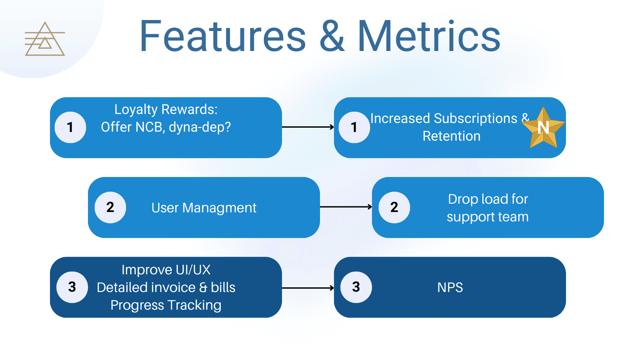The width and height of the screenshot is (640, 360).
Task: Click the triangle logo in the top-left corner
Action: tap(45, 39)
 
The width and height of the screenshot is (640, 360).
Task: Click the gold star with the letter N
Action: tap(543, 128)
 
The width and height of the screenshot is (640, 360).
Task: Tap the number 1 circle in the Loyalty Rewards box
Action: tap(70, 127)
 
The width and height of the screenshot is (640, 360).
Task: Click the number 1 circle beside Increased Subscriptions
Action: tap(354, 127)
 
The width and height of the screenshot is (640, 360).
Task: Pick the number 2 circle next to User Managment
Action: tap(110, 207)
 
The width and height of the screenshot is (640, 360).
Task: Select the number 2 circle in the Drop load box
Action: tap(394, 207)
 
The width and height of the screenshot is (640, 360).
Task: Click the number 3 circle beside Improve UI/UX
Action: tap(72, 287)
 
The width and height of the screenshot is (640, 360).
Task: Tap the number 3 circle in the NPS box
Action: tap(356, 287)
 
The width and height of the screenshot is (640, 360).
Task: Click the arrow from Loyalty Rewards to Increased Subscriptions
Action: tap(308, 127)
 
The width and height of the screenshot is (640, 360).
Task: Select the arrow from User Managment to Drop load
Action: tap(346, 207)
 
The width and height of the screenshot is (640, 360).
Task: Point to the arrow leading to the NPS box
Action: tap(308, 288)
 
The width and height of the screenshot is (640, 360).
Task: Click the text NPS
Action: tap(450, 287)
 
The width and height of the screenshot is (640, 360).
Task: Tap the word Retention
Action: tap(451, 136)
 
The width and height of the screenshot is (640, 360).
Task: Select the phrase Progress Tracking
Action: tap(166, 305)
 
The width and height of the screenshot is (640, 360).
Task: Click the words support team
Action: tap(487, 217)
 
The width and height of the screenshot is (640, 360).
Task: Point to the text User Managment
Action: tap(204, 208)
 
